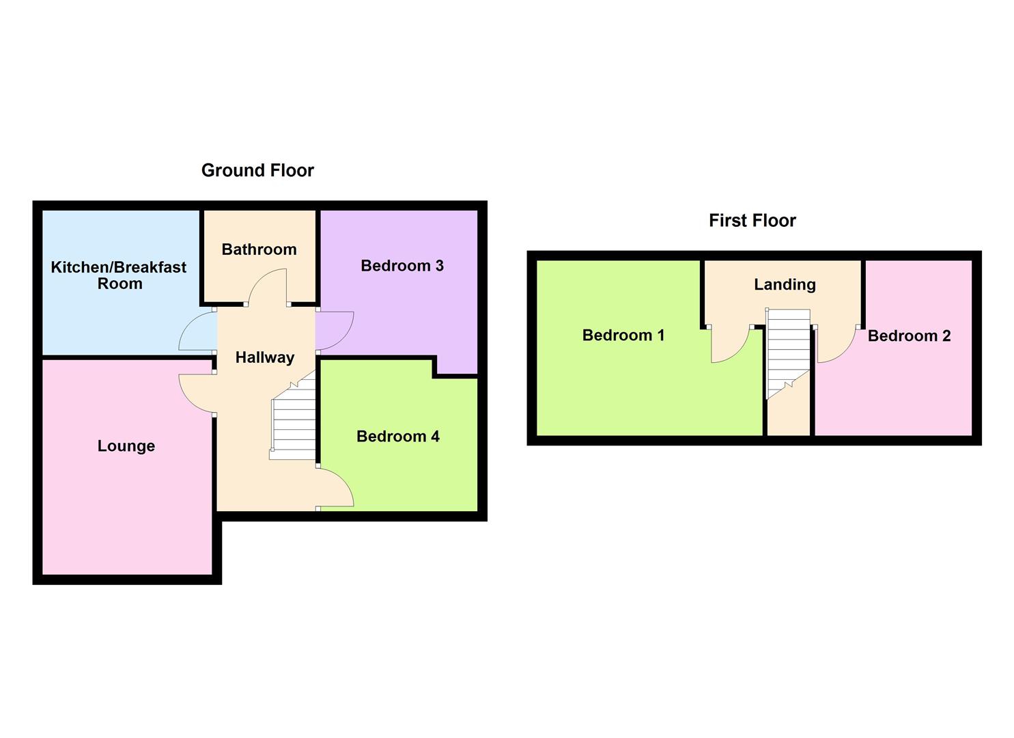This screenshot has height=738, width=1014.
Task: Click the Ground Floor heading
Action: tap(257, 170)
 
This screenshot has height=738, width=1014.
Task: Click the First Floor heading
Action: tap(752, 221)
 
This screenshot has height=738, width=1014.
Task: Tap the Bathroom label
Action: tap(259, 249)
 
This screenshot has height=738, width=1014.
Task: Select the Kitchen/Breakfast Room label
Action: tap(119, 275)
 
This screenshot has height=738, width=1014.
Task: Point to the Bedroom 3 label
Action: tap(402, 266)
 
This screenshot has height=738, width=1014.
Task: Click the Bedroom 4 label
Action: tap(397, 437)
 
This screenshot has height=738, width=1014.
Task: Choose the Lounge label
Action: tap(126, 446)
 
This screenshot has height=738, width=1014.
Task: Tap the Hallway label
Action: tap(264, 357)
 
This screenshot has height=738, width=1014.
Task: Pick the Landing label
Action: tap(785, 284)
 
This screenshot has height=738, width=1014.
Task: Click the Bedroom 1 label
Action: tap(623, 336)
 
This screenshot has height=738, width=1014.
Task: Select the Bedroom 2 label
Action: tap(909, 336)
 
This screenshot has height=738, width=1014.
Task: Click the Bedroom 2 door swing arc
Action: tap(834, 345)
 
